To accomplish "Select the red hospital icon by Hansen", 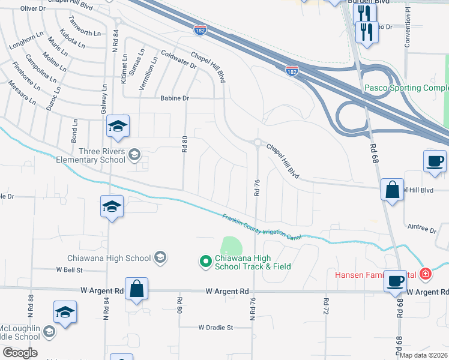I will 426,274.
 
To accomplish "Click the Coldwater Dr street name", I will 179,60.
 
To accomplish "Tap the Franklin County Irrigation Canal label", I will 262,227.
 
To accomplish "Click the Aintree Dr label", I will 421,230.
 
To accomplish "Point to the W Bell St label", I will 69,270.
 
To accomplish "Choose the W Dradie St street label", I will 215,328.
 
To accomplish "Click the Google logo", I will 20,353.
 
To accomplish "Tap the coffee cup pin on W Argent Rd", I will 396,281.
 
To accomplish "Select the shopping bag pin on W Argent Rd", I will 137,289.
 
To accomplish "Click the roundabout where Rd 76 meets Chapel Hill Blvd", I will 258,143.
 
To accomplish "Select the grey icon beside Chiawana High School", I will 160,258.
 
